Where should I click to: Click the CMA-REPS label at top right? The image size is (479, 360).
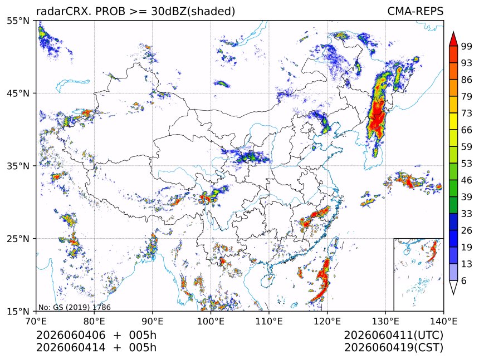[x=415, y=11]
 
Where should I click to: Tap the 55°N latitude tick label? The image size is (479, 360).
[x=18, y=21]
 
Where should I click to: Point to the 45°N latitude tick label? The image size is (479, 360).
[x=18, y=93]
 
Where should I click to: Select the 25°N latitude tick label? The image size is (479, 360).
[x=18, y=238]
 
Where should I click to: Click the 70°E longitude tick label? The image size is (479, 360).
[x=36, y=321]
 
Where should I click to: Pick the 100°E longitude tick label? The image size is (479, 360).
[x=211, y=321]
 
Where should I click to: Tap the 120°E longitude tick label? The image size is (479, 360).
[x=327, y=321]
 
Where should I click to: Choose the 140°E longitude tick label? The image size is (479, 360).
[x=443, y=321]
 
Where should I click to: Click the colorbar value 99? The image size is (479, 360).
[x=467, y=46]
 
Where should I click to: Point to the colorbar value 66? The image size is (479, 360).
[x=467, y=130]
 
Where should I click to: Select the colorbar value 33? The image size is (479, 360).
[x=467, y=214]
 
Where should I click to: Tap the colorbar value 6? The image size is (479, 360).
[x=464, y=280]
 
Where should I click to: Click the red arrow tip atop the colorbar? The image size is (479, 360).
[x=453, y=32]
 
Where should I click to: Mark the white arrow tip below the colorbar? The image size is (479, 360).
[x=453, y=294]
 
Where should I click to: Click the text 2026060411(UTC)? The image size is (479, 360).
[x=393, y=335]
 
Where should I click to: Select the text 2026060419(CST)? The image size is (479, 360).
[x=393, y=347]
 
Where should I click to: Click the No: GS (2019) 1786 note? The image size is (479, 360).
[x=74, y=307]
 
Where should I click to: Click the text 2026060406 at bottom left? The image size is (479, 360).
[x=71, y=335]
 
